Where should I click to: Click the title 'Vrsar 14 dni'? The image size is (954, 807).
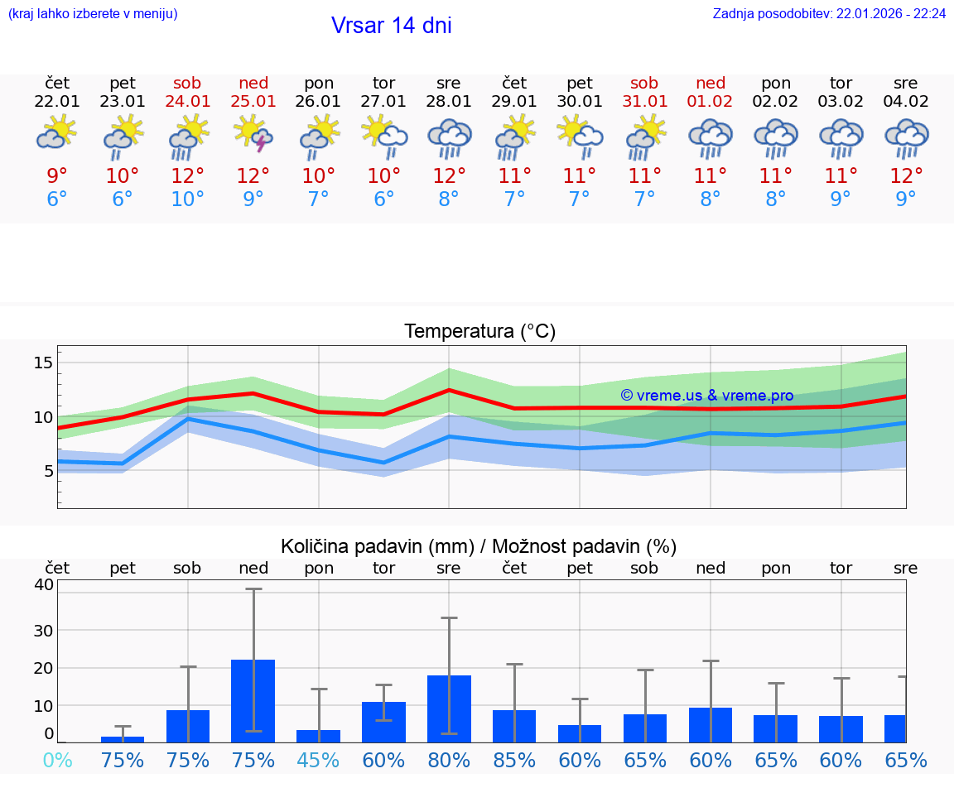pyautogui.click(x=391, y=26)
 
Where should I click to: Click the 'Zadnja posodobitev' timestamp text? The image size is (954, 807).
pyautogui.click(x=829, y=14)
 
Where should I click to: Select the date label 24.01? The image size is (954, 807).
pyautogui.click(x=187, y=102)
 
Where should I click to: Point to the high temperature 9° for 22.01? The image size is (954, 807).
pyautogui.click(x=57, y=176)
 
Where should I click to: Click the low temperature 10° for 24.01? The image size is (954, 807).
pyautogui.click(x=187, y=199)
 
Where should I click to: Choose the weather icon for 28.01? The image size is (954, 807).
pyautogui.click(x=449, y=137)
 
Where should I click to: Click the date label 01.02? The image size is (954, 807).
pyautogui.click(x=710, y=102)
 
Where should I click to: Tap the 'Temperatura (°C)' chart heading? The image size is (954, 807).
pyautogui.click(x=479, y=332)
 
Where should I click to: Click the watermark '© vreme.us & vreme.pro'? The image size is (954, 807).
pyautogui.click(x=706, y=396)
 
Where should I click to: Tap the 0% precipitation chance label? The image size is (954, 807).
pyautogui.click(x=57, y=760)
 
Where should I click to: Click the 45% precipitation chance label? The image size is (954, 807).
pyautogui.click(x=318, y=760)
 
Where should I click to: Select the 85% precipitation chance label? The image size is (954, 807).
pyautogui.click(x=514, y=760)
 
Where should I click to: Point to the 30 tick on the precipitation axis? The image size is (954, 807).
pyautogui.click(x=43, y=630)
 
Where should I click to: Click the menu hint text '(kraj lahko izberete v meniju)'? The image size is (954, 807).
pyautogui.click(x=93, y=14)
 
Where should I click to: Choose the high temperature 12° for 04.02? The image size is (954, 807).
pyautogui.click(x=906, y=176)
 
